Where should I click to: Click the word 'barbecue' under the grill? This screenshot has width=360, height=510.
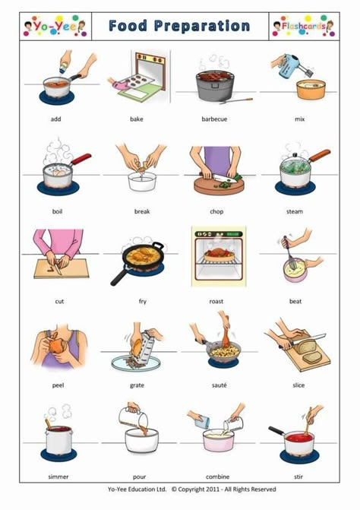pos(214,119)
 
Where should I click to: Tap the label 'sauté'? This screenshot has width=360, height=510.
pos(219,385)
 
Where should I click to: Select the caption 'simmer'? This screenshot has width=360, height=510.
pos(58,477)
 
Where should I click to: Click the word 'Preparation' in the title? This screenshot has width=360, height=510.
pos(202,27)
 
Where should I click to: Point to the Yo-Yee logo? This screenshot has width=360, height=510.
pos(55,26)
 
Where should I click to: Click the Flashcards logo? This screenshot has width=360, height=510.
pos(304,26)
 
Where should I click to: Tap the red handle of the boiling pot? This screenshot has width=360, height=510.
pos(81,159)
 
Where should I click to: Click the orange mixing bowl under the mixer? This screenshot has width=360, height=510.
pos(311,89)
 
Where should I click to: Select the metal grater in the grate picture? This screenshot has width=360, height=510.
pos(147,346)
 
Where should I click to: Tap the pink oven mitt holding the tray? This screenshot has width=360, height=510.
pos(119,86)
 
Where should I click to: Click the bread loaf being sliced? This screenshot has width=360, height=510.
pos(305,347)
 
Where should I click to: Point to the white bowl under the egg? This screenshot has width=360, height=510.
pos(142,182)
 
